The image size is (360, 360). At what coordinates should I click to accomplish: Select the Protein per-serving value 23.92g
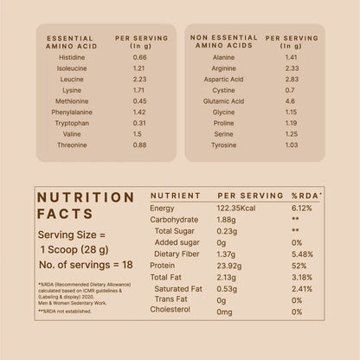pos(227,266)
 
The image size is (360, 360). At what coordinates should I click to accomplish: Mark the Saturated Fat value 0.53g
pos(224,288)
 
